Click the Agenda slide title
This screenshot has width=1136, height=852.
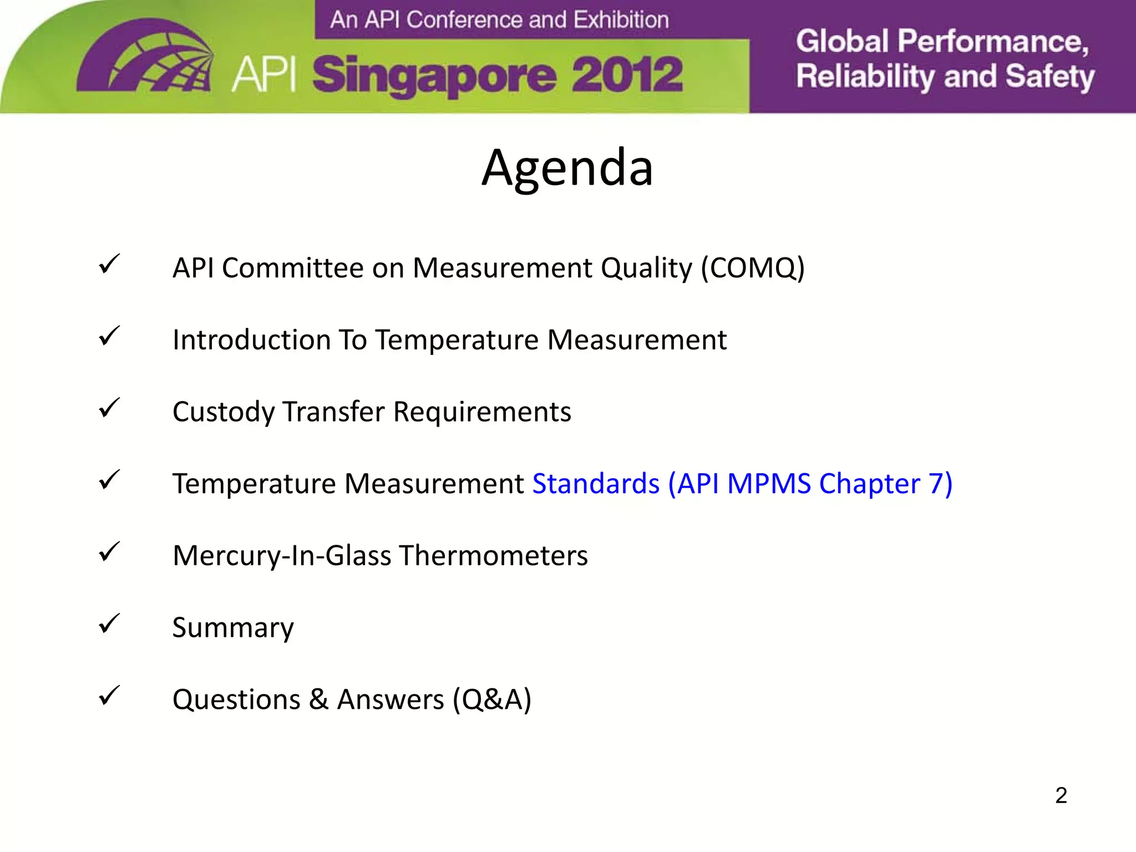(567, 167)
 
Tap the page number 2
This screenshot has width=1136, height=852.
(1061, 795)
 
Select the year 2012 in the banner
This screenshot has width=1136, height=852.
(627, 75)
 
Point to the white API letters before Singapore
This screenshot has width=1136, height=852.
(264, 74)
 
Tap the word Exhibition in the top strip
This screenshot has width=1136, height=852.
(621, 20)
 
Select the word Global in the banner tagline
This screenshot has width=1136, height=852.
(843, 42)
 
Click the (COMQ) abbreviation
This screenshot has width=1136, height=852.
(753, 268)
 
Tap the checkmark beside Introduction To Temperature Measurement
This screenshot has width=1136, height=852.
(109, 336)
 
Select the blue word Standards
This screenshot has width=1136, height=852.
(596, 483)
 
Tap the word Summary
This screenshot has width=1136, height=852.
(233, 627)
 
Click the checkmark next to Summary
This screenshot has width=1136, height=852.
(109, 623)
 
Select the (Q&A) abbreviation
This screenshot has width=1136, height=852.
(492, 699)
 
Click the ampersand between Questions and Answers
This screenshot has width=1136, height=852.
(318, 699)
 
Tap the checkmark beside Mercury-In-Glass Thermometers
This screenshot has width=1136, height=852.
(109, 552)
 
